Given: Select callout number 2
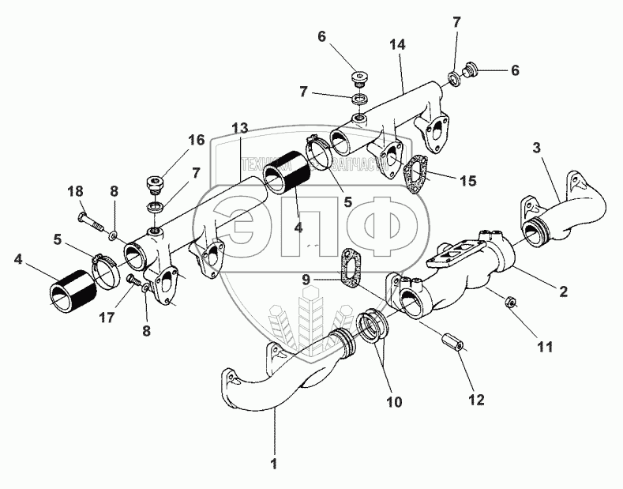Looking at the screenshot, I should click(563, 292).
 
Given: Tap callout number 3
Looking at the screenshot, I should click(536, 148).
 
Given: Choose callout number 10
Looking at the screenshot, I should click(394, 401).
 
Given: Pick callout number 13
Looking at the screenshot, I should click(240, 128).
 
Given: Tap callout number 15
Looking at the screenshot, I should click(468, 180).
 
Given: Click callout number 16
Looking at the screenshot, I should click(196, 140).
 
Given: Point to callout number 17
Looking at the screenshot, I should click(107, 318).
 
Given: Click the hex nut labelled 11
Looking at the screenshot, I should click(510, 301).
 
